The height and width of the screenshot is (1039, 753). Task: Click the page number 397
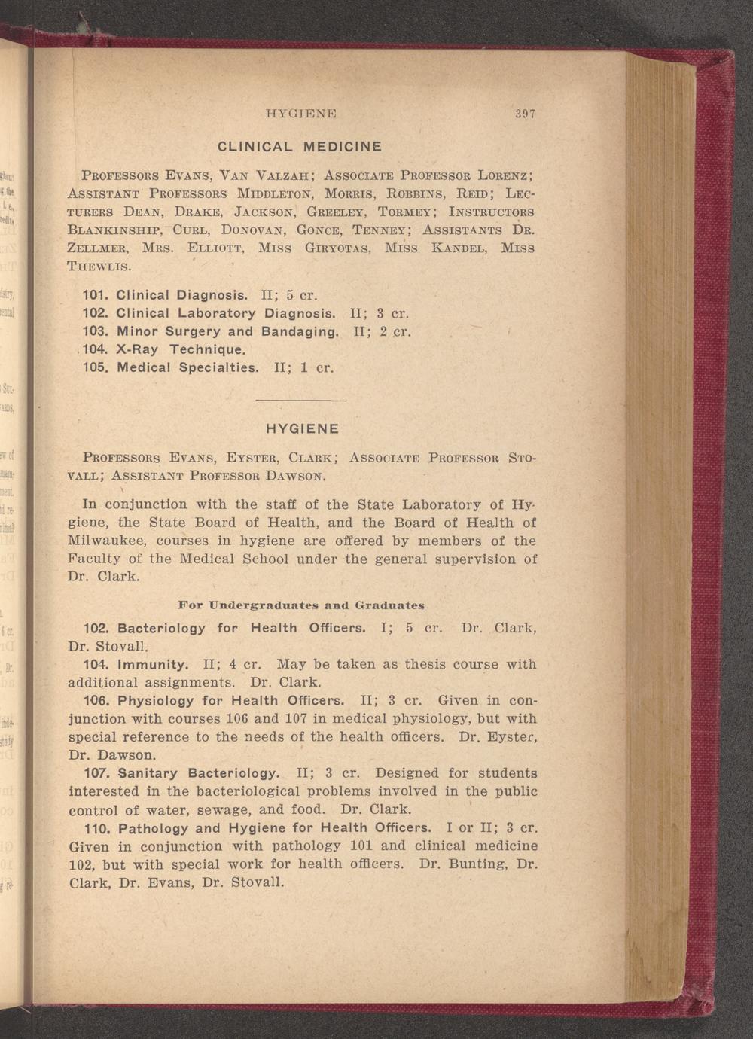(525, 114)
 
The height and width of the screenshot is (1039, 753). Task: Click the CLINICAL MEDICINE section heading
(300, 146)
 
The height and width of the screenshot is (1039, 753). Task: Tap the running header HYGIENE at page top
(300, 114)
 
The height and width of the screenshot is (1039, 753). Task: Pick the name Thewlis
(99, 267)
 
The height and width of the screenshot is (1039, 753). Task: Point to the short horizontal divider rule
(300, 400)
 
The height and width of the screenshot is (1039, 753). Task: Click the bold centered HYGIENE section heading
(303, 429)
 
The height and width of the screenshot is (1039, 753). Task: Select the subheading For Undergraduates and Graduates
(301, 605)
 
